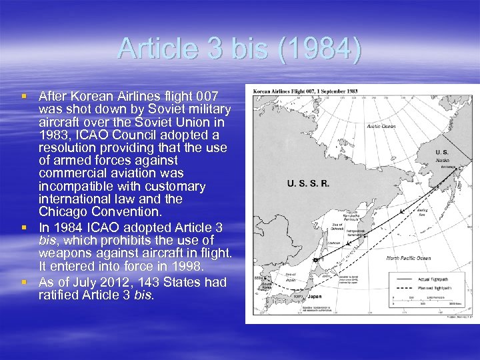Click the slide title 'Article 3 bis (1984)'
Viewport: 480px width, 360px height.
tap(240, 50)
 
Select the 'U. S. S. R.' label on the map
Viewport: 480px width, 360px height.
tap(307, 183)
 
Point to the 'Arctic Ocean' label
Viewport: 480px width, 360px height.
tap(381, 126)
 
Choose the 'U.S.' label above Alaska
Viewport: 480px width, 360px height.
tap(423, 152)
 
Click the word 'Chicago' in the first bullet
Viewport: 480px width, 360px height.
tap(61, 211)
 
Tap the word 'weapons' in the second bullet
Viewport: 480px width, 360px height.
tap(63, 252)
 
